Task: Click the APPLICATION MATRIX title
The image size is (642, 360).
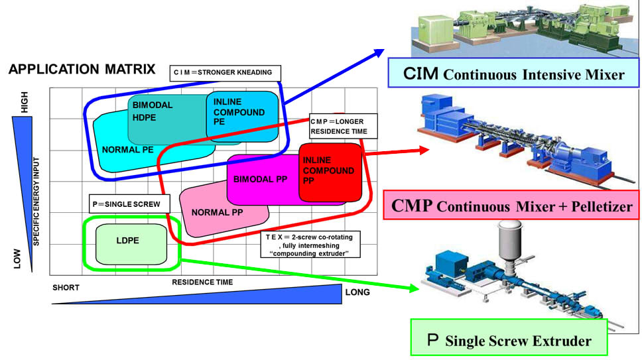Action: coord(82,69)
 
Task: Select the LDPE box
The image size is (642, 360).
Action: coord(130,243)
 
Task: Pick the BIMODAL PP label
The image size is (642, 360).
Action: coord(261,179)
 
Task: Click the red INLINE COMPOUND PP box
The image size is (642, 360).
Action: coord(330,171)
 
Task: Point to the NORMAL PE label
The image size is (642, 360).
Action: coord(129,149)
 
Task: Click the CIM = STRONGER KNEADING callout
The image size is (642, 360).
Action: coord(225,72)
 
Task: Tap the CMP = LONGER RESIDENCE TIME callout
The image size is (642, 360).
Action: coord(343,126)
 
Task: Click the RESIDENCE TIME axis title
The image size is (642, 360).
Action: coord(202,282)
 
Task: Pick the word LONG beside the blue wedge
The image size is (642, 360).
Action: coord(358,292)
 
